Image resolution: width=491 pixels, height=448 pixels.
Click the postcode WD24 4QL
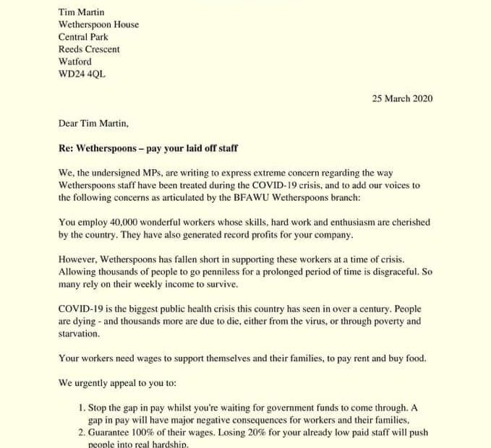[x=82, y=74]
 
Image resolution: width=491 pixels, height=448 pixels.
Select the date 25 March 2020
[x=402, y=99]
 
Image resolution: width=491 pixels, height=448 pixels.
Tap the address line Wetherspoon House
[x=98, y=25]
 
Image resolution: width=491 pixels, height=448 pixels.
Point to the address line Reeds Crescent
[x=89, y=50]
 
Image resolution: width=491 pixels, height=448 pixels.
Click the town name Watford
[x=74, y=62]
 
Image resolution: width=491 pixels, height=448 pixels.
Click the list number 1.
[x=82, y=408]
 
